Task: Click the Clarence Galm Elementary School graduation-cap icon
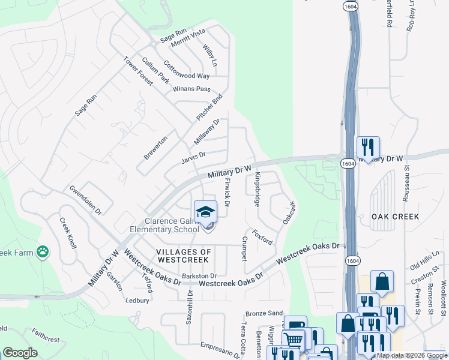point(205,212)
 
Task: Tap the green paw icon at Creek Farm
point(43,252)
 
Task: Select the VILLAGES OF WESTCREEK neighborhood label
point(183,256)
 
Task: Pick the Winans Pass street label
point(191,89)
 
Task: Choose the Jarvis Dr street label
point(193,158)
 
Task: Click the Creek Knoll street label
point(68,233)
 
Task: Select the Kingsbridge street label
point(257,190)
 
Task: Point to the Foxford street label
point(262,237)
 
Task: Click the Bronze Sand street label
point(264,313)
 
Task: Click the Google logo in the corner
point(20,353)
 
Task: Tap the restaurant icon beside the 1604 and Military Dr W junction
point(367,147)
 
